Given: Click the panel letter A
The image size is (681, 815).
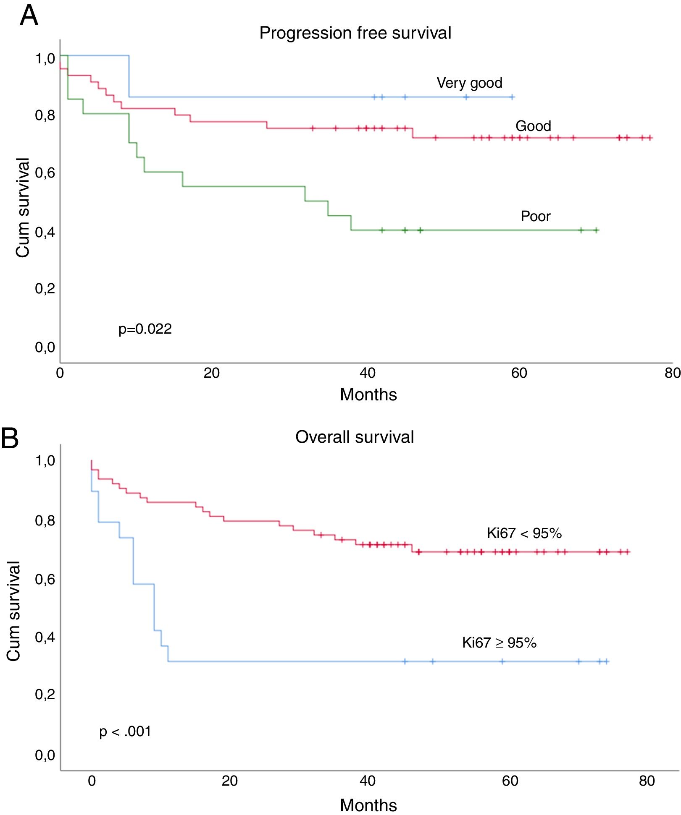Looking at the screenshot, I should pyautogui.click(x=29, y=16).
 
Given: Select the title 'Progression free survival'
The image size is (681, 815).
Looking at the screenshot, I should pyautogui.click(x=355, y=33).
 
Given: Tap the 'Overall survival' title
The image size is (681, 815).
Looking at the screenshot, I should pyautogui.click(x=354, y=437).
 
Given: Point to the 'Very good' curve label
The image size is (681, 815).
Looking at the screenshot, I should pyautogui.click(x=469, y=83).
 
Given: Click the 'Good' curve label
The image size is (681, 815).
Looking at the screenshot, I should pyautogui.click(x=533, y=126).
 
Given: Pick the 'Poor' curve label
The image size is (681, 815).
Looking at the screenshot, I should pyautogui.click(x=535, y=216).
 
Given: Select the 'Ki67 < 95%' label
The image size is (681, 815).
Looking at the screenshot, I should pyautogui.click(x=524, y=533).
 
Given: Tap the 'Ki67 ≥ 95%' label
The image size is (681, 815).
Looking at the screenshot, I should pyautogui.click(x=499, y=643).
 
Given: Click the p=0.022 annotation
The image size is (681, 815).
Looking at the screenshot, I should pyautogui.click(x=145, y=329).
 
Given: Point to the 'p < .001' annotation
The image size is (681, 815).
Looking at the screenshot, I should pyautogui.click(x=125, y=731).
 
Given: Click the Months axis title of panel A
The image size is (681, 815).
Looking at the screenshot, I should pyautogui.click(x=368, y=394).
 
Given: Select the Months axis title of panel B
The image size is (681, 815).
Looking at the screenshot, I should pyautogui.click(x=368, y=805).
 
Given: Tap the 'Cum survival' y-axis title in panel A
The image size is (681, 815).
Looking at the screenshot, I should pyautogui.click(x=23, y=207).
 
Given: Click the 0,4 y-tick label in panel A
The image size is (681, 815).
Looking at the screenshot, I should pyautogui.click(x=45, y=232).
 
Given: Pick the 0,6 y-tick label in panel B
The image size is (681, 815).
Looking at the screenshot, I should pyautogui.click(x=45, y=580).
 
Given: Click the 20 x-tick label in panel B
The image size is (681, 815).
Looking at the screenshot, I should pyautogui.click(x=229, y=781).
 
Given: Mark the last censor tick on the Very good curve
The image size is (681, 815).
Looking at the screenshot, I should pyautogui.click(x=512, y=97).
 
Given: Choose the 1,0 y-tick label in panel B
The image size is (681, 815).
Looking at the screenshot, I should pyautogui.click(x=45, y=461).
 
